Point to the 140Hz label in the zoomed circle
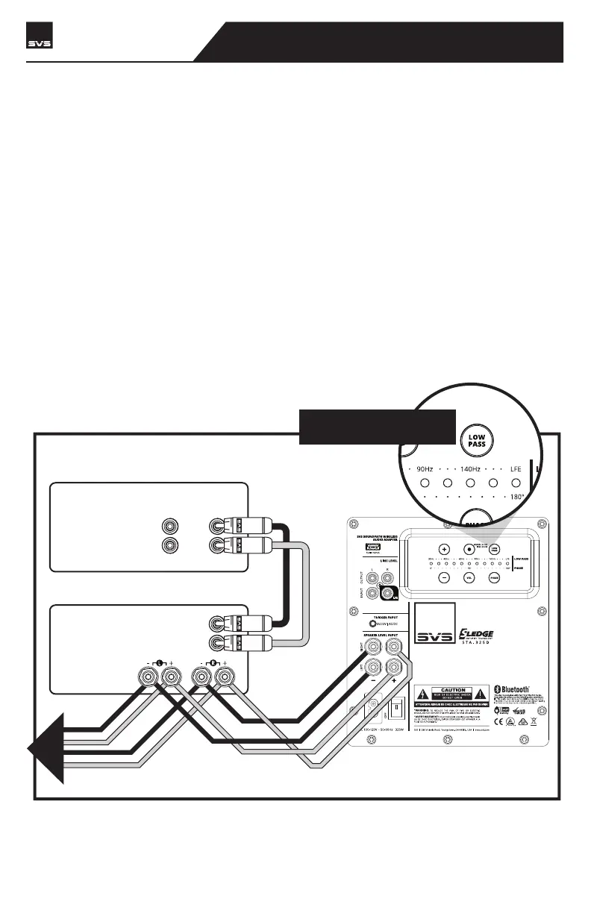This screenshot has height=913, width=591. (x=470, y=468)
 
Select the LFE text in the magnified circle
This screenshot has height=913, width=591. (x=515, y=468)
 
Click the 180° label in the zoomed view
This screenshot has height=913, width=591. (x=518, y=495)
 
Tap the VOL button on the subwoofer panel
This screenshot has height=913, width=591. (x=467, y=577)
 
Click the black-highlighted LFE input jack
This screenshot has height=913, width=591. (x=387, y=594)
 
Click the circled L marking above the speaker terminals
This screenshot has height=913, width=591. (x=160, y=662)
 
